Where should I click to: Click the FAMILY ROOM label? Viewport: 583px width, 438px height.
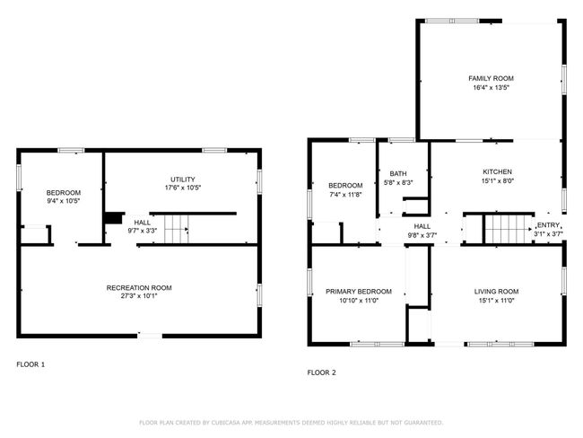coord(491,78)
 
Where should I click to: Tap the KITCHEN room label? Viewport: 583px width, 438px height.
coord(497,172)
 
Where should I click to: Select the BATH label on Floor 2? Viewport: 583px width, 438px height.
coord(398,174)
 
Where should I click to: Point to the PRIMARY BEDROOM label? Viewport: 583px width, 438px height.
coord(359,292)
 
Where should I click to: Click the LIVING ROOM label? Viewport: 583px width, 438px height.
coord(496,292)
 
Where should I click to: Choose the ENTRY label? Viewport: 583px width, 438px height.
coord(548,225)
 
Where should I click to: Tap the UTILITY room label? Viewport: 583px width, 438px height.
coord(183,180)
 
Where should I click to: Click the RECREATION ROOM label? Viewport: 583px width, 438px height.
coord(139,288)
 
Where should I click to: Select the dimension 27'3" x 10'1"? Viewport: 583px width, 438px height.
coord(139,296)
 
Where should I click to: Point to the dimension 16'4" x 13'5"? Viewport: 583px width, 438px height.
coord(491,88)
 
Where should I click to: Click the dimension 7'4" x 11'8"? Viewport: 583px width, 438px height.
coord(345,194)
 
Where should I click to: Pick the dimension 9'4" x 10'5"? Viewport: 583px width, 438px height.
coord(64,201)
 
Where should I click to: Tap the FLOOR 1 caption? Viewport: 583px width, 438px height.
coord(30,364)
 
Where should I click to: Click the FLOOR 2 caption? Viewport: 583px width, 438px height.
coord(322,372)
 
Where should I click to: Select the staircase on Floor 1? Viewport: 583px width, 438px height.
coord(177,229)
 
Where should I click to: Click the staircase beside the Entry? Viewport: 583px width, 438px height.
coord(509,229)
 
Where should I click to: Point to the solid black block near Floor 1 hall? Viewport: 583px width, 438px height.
coord(114,218)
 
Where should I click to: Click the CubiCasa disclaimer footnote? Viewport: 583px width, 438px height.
coord(291,423)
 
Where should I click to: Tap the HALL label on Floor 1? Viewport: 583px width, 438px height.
coord(143,223)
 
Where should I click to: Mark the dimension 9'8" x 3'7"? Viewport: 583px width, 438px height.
coord(422,235)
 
